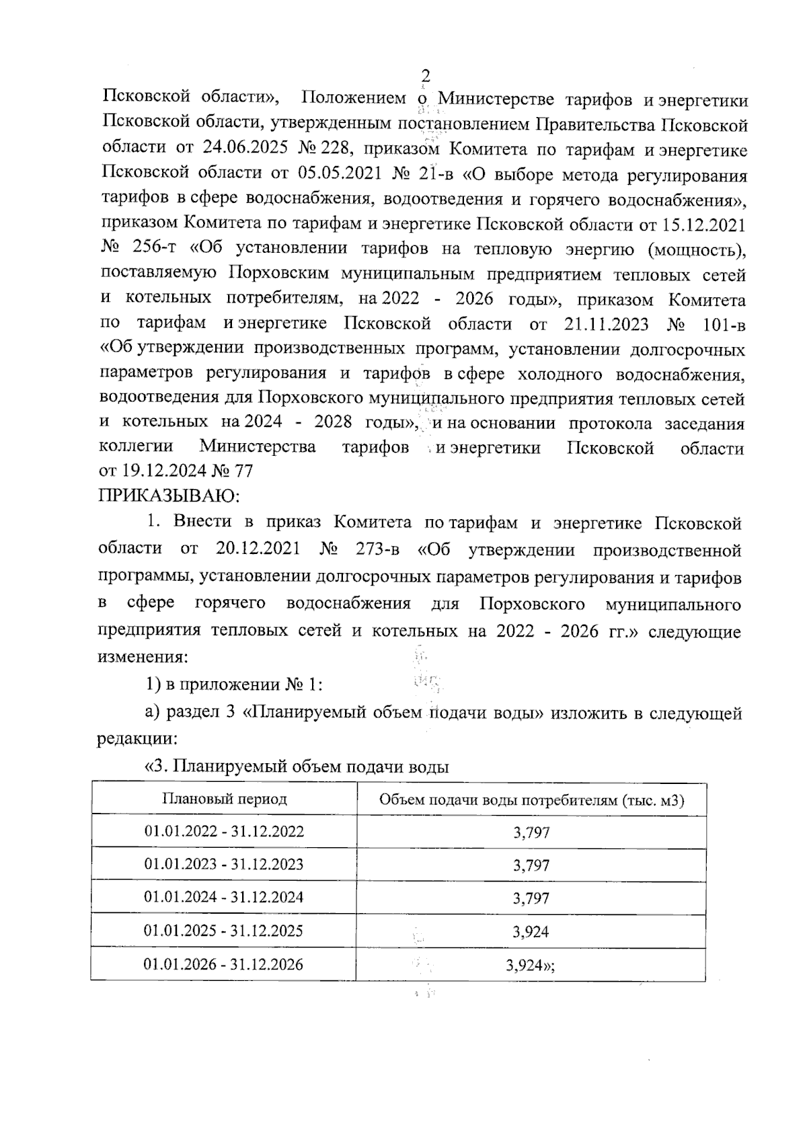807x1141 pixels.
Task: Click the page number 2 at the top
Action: (x=425, y=76)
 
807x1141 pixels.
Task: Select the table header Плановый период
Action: (x=225, y=799)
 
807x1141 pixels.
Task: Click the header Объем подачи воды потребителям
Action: (x=531, y=799)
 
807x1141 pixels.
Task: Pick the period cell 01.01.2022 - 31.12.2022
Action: (x=224, y=832)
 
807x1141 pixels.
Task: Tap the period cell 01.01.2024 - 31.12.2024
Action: (x=224, y=898)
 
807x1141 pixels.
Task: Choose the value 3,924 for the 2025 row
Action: (x=531, y=932)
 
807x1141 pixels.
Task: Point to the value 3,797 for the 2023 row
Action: (x=531, y=865)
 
